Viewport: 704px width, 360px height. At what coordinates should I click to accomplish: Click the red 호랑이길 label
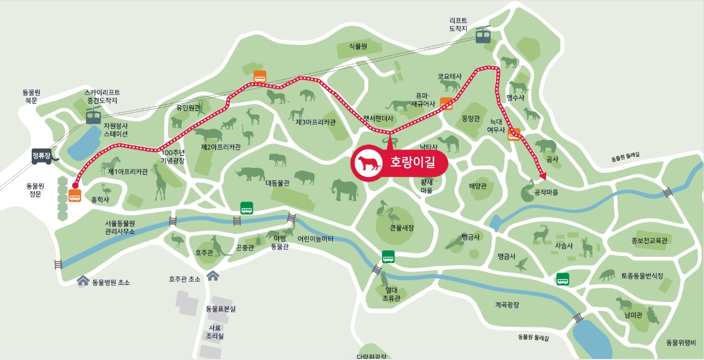click(412, 163)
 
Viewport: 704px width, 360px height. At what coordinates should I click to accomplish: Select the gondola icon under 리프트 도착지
click(483, 35)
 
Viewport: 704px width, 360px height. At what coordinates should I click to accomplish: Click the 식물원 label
click(358, 46)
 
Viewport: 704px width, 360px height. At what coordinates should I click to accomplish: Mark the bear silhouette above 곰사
click(546, 146)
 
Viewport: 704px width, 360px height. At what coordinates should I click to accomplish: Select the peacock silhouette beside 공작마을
click(527, 191)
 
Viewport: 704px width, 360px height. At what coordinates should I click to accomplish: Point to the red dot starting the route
click(74, 184)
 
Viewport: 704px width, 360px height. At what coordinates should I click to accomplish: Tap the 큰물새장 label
click(402, 228)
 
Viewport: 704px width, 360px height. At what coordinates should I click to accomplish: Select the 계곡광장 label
click(507, 305)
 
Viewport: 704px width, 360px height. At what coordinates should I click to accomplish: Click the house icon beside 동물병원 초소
click(83, 280)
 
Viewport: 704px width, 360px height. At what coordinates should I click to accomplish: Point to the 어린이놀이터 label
click(316, 239)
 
